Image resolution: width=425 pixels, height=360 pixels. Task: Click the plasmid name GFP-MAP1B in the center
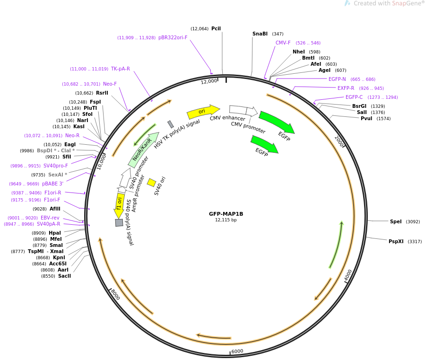[x=226, y=214]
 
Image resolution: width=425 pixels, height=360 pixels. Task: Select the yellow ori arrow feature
[x=203, y=112]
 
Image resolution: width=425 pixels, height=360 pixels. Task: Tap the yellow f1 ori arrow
[x=119, y=205]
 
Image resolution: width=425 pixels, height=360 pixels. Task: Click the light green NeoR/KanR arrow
[x=143, y=150]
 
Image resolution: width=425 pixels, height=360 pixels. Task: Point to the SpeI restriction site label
[x=396, y=221]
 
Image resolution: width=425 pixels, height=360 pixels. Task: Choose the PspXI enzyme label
[x=396, y=241]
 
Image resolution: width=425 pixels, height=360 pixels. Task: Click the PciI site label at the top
[x=216, y=28]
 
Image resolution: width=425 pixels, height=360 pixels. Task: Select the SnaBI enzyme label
[x=260, y=34]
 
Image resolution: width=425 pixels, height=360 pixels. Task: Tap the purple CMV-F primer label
[x=283, y=43]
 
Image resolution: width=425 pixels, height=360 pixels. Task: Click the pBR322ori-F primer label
[x=173, y=37]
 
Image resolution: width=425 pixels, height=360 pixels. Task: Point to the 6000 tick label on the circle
[x=237, y=351]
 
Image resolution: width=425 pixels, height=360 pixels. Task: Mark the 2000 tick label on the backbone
[x=339, y=141]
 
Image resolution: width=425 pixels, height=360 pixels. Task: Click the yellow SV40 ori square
[x=151, y=183]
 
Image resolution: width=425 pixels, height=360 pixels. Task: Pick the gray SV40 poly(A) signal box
[x=119, y=223]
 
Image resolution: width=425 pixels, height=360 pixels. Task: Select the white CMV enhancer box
[x=238, y=110]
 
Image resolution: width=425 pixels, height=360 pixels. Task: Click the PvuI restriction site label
[x=366, y=118]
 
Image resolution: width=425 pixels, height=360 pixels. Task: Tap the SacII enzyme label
[x=64, y=276]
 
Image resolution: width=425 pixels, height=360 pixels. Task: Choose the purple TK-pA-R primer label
[x=121, y=69]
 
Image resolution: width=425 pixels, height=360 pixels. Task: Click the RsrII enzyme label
[x=102, y=93]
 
